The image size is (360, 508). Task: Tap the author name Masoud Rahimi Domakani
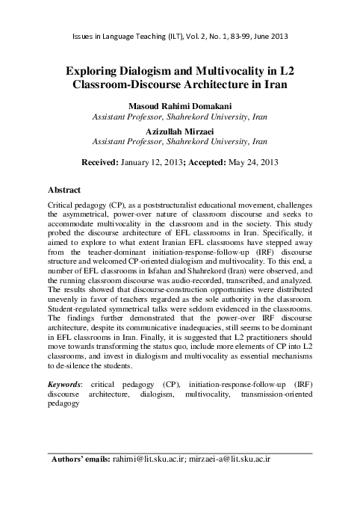click(180, 106)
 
